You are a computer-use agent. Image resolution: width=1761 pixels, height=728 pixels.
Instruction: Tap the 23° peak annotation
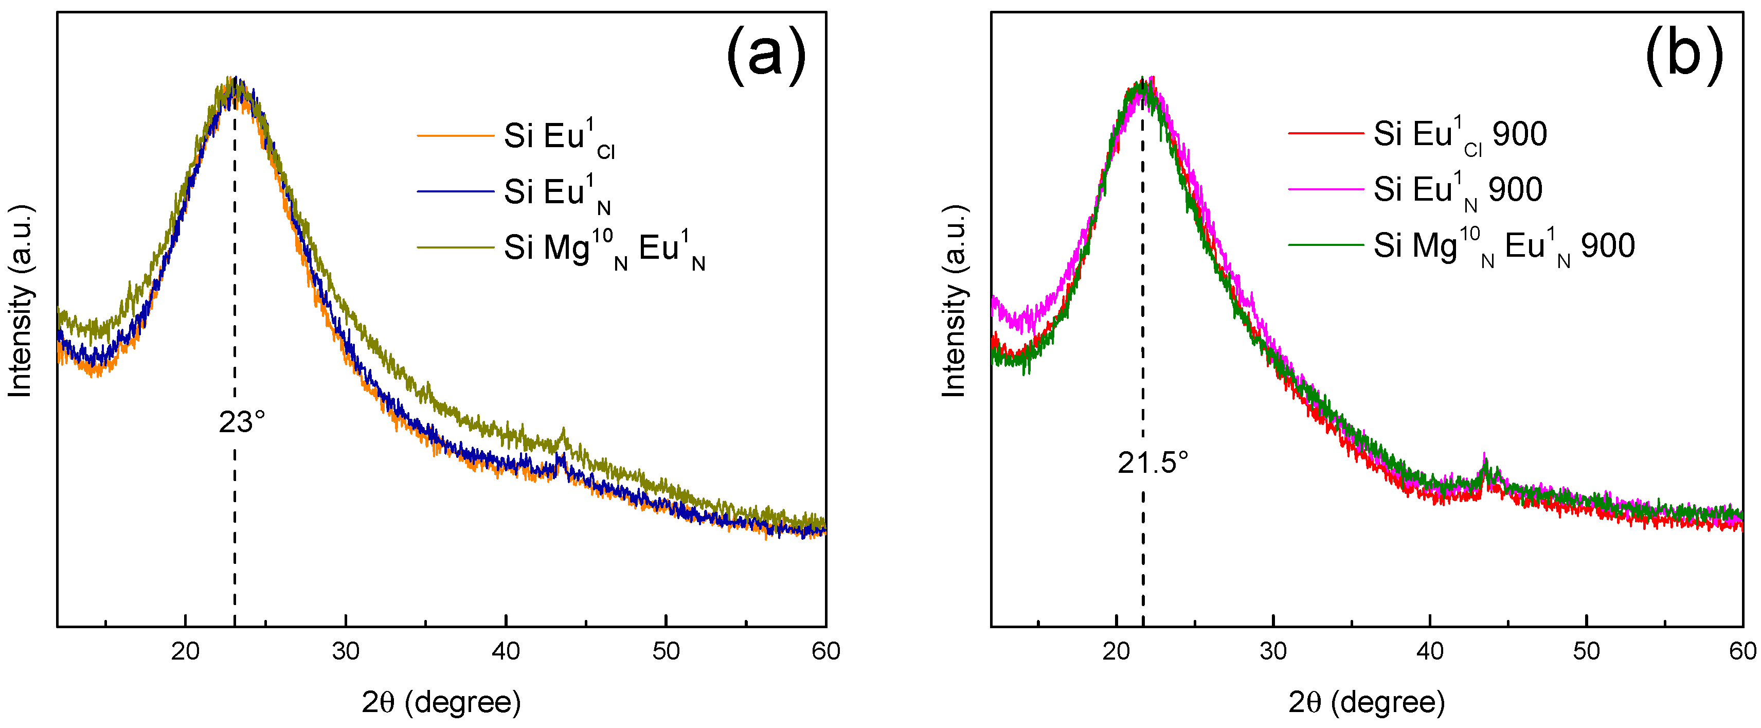(241, 422)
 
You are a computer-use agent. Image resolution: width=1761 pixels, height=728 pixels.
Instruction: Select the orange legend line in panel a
(455, 136)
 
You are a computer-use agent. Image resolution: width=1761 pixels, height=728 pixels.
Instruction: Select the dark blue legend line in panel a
(455, 191)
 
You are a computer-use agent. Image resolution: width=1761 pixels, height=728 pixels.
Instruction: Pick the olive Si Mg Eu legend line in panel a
(455, 247)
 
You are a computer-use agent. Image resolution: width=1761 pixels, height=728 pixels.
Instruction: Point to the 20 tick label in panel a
(185, 651)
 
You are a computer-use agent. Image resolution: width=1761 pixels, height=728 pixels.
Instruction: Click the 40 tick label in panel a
(506, 651)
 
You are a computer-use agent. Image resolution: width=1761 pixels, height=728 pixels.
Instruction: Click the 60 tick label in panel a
(825, 651)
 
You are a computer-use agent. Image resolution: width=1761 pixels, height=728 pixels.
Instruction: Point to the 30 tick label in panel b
(1273, 651)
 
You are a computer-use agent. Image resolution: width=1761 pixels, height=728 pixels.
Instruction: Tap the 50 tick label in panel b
(1586, 651)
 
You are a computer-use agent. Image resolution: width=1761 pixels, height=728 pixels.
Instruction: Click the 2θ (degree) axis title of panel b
(1367, 702)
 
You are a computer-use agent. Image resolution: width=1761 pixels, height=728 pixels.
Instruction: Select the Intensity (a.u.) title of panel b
(955, 301)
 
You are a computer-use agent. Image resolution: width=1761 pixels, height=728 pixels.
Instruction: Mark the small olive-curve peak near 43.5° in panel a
(563, 433)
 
